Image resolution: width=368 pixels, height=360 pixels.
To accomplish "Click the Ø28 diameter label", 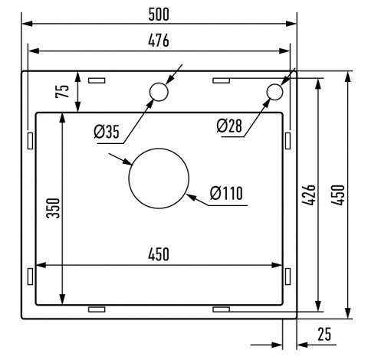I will pos(230,126).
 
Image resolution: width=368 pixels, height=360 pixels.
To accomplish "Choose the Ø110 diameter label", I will pos(225,193).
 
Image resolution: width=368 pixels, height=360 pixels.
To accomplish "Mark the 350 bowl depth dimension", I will pos(52,208).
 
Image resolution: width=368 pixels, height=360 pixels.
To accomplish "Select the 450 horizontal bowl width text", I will pos(159,254).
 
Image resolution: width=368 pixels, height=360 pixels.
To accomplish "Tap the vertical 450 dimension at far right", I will pos(337,197).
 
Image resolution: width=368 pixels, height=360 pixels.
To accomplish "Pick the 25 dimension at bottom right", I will pos(324,335).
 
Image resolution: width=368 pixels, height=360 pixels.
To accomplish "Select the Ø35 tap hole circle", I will pos(159,93).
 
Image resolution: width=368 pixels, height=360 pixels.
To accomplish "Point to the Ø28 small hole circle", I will pos(274,92).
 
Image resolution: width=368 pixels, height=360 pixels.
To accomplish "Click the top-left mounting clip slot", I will pos(97,79).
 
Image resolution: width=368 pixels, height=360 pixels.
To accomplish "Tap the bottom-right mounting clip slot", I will pos(221,308).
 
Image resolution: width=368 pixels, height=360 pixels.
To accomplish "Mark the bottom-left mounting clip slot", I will pos(97,308).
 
